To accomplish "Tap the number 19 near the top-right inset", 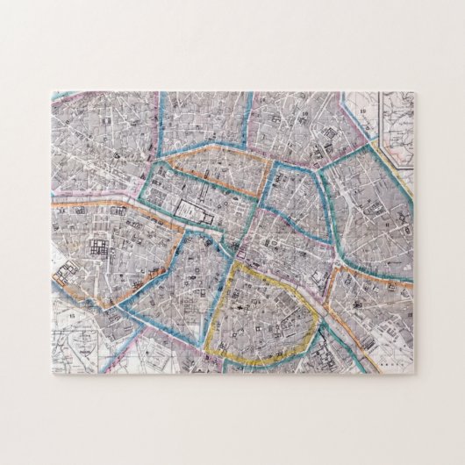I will point(361,112).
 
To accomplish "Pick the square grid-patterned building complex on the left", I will point(98,248).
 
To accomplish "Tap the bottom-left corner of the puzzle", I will point(52,375).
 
